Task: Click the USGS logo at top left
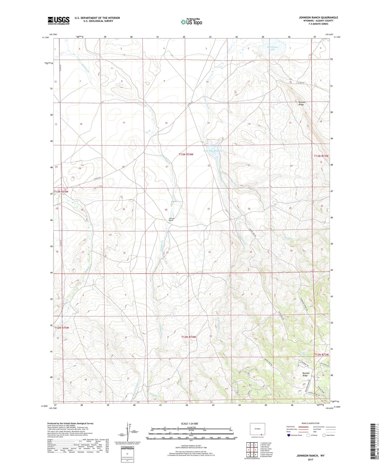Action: pyautogui.click(x=59, y=21)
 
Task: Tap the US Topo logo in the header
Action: pyautogui.click(x=191, y=22)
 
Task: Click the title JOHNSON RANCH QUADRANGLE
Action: pyautogui.click(x=318, y=17)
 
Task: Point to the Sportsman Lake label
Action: pyautogui.click(x=272, y=48)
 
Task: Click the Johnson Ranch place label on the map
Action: pyautogui.click(x=171, y=219)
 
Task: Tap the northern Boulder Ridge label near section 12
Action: pyautogui.click(x=301, y=103)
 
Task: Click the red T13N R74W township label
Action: pyautogui.click(x=186, y=154)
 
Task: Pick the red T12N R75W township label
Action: pyautogui.click(x=62, y=328)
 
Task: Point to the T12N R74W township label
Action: pyautogui.click(x=189, y=337)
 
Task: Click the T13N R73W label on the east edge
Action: pyautogui.click(x=321, y=156)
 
